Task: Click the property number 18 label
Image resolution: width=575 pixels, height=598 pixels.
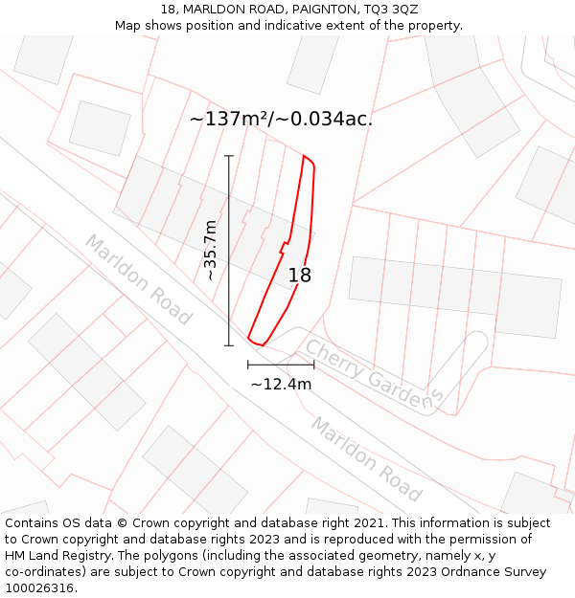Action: tap(300, 276)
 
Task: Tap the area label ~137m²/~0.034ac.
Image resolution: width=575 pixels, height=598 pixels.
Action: tap(281, 120)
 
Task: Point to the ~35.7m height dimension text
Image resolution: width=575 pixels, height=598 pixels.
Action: tap(211, 250)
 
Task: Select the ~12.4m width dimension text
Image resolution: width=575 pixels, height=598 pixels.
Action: tap(281, 384)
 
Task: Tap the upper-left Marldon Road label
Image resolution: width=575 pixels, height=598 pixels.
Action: tap(139, 278)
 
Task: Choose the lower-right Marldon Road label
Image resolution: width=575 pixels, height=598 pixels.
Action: tap(365, 459)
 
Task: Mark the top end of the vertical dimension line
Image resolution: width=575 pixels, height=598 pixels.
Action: tap(229, 156)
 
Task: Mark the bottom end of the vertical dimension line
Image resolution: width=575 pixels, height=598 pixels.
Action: tap(229, 345)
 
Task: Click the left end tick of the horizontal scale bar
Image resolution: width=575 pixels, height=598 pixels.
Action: tap(248, 365)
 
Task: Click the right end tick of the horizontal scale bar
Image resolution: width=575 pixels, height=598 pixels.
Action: tap(313, 365)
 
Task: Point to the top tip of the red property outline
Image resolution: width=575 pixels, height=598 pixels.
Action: tap(305, 155)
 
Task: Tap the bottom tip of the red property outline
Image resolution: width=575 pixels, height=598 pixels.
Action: tap(261, 344)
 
